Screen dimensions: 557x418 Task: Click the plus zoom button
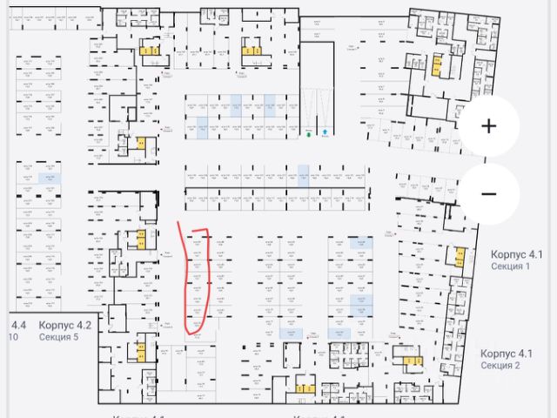[489, 126]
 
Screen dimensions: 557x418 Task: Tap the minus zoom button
[489, 193]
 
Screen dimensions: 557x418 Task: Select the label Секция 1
[511, 266]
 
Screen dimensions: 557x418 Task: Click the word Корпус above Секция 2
[499, 354]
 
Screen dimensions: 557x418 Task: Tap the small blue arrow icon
[325, 133]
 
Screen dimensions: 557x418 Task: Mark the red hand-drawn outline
[198, 280]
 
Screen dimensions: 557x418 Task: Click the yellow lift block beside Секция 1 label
[458, 258]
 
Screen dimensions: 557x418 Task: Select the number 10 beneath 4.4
[13, 338]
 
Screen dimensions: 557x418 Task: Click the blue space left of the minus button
[303, 173]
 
